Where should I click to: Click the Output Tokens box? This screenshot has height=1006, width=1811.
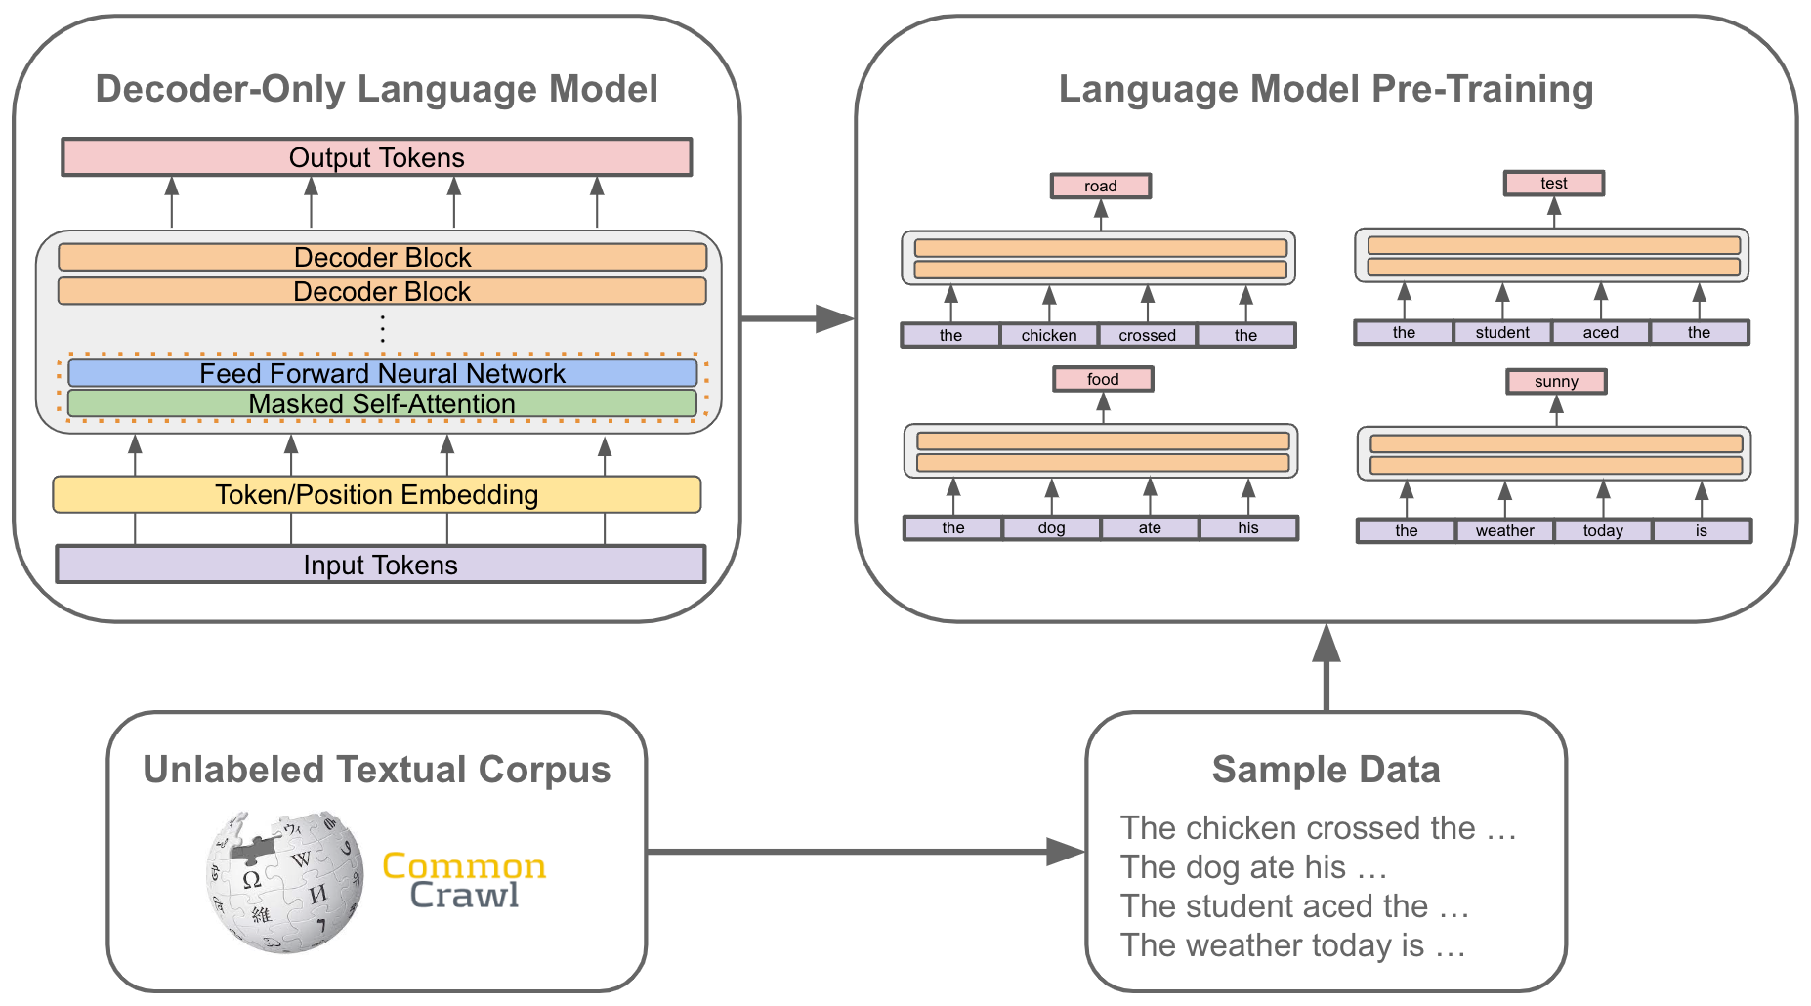tap(377, 157)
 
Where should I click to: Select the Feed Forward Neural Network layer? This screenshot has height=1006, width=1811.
tap(383, 373)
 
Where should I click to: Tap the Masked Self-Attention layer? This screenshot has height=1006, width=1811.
tap(383, 403)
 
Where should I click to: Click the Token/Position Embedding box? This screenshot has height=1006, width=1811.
tap(377, 494)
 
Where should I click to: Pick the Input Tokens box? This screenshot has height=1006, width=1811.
tap(381, 565)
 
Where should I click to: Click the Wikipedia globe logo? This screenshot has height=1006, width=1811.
tap(284, 881)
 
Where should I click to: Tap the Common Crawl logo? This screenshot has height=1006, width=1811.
tap(464, 880)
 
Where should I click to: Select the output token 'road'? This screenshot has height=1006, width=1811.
tap(1101, 186)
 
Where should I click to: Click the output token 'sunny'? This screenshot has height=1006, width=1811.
tap(1556, 381)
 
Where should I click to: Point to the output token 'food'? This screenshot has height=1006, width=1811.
tap(1103, 379)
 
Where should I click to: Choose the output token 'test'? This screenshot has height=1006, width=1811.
tap(1554, 183)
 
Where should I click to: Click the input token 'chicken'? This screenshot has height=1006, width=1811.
tap(1049, 335)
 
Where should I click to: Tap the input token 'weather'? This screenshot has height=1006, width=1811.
tap(1505, 530)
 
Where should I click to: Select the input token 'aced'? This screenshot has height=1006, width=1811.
tap(1601, 332)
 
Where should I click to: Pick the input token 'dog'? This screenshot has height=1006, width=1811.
tap(1052, 527)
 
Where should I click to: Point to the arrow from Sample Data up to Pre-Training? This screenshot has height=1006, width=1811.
tap(1327, 667)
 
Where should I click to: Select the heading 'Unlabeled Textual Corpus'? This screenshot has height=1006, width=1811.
tap(377, 770)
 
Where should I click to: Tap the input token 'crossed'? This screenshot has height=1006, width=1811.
tap(1148, 335)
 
